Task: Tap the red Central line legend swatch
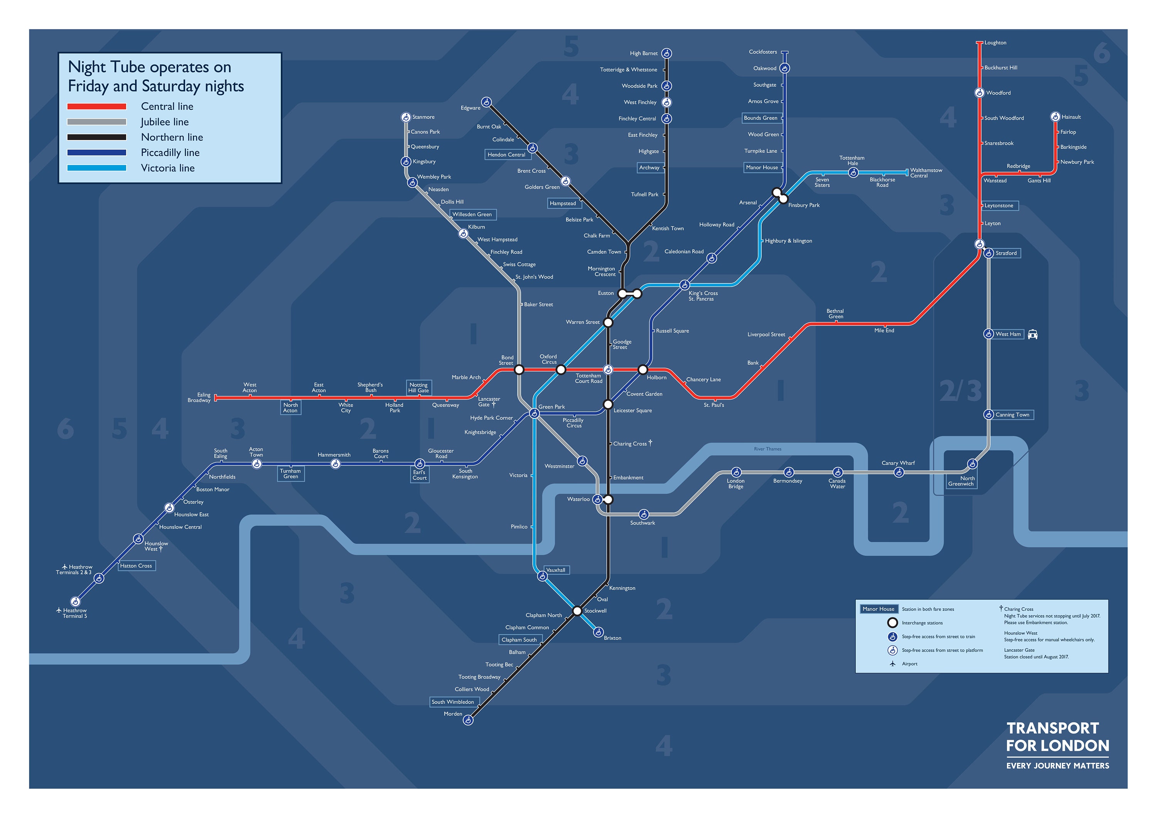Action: tap(97, 106)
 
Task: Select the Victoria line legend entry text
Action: tap(167, 168)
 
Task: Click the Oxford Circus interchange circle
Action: tap(561, 370)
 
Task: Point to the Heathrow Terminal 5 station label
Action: tap(74, 613)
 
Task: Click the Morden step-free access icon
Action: tap(468, 721)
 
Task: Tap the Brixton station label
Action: tap(612, 638)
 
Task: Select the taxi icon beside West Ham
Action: tap(1032, 334)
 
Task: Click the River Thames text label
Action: tap(767, 449)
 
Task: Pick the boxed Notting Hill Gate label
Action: tap(419, 388)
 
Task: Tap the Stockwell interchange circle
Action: tap(577, 611)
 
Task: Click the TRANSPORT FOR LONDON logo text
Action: tap(1057, 737)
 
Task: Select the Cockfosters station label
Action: tap(763, 52)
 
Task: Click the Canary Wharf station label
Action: tap(898, 463)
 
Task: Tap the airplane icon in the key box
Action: tap(892, 664)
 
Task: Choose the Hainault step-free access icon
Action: tap(1055, 117)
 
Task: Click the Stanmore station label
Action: tap(423, 117)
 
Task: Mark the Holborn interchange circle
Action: tap(643, 370)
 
